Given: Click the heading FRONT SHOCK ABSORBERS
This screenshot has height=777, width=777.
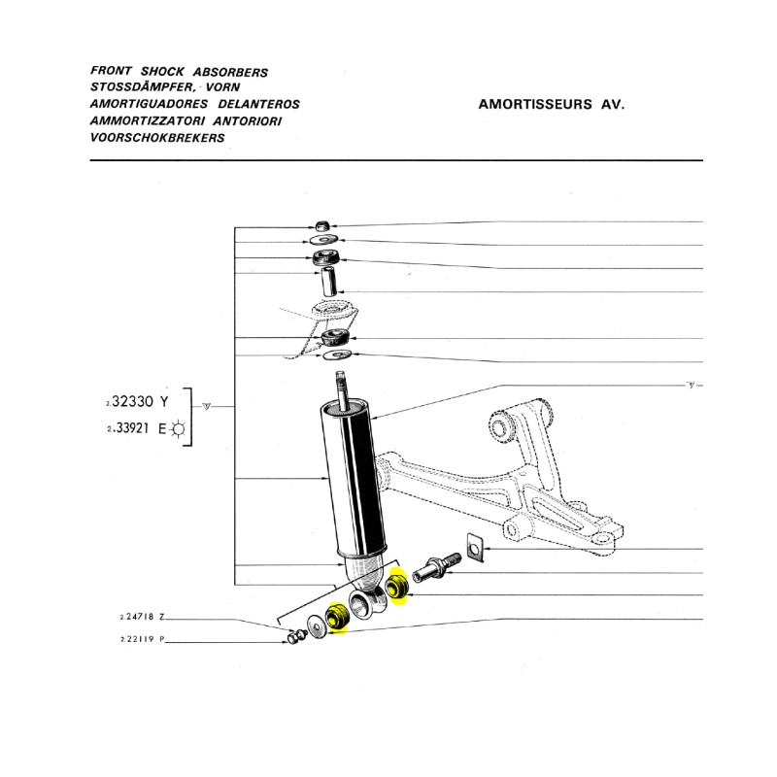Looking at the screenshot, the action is [x=179, y=71].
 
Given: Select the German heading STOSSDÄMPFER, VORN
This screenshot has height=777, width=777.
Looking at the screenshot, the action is [x=165, y=87].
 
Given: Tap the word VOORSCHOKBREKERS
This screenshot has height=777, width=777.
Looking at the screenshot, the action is [x=157, y=138].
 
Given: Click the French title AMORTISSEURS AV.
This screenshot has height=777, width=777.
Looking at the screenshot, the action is [x=552, y=105].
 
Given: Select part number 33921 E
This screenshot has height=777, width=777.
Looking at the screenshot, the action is [x=137, y=428].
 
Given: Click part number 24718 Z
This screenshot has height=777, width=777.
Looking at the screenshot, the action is [x=142, y=617].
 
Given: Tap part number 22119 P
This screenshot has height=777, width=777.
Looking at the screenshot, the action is [x=142, y=639].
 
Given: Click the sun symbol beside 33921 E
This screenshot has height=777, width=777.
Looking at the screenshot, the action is [x=178, y=428].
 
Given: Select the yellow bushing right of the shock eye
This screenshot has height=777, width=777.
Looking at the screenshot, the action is [x=397, y=588].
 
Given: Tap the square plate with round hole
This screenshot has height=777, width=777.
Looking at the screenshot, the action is [x=474, y=548].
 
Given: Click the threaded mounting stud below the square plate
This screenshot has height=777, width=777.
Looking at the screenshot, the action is [x=436, y=566].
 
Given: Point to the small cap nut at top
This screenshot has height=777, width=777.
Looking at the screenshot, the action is [x=322, y=224].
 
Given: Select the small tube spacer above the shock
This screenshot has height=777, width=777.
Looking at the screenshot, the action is [x=328, y=282].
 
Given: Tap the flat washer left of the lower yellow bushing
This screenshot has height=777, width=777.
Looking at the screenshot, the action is [x=316, y=626].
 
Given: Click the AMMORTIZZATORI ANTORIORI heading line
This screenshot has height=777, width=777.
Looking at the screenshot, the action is [x=186, y=121].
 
